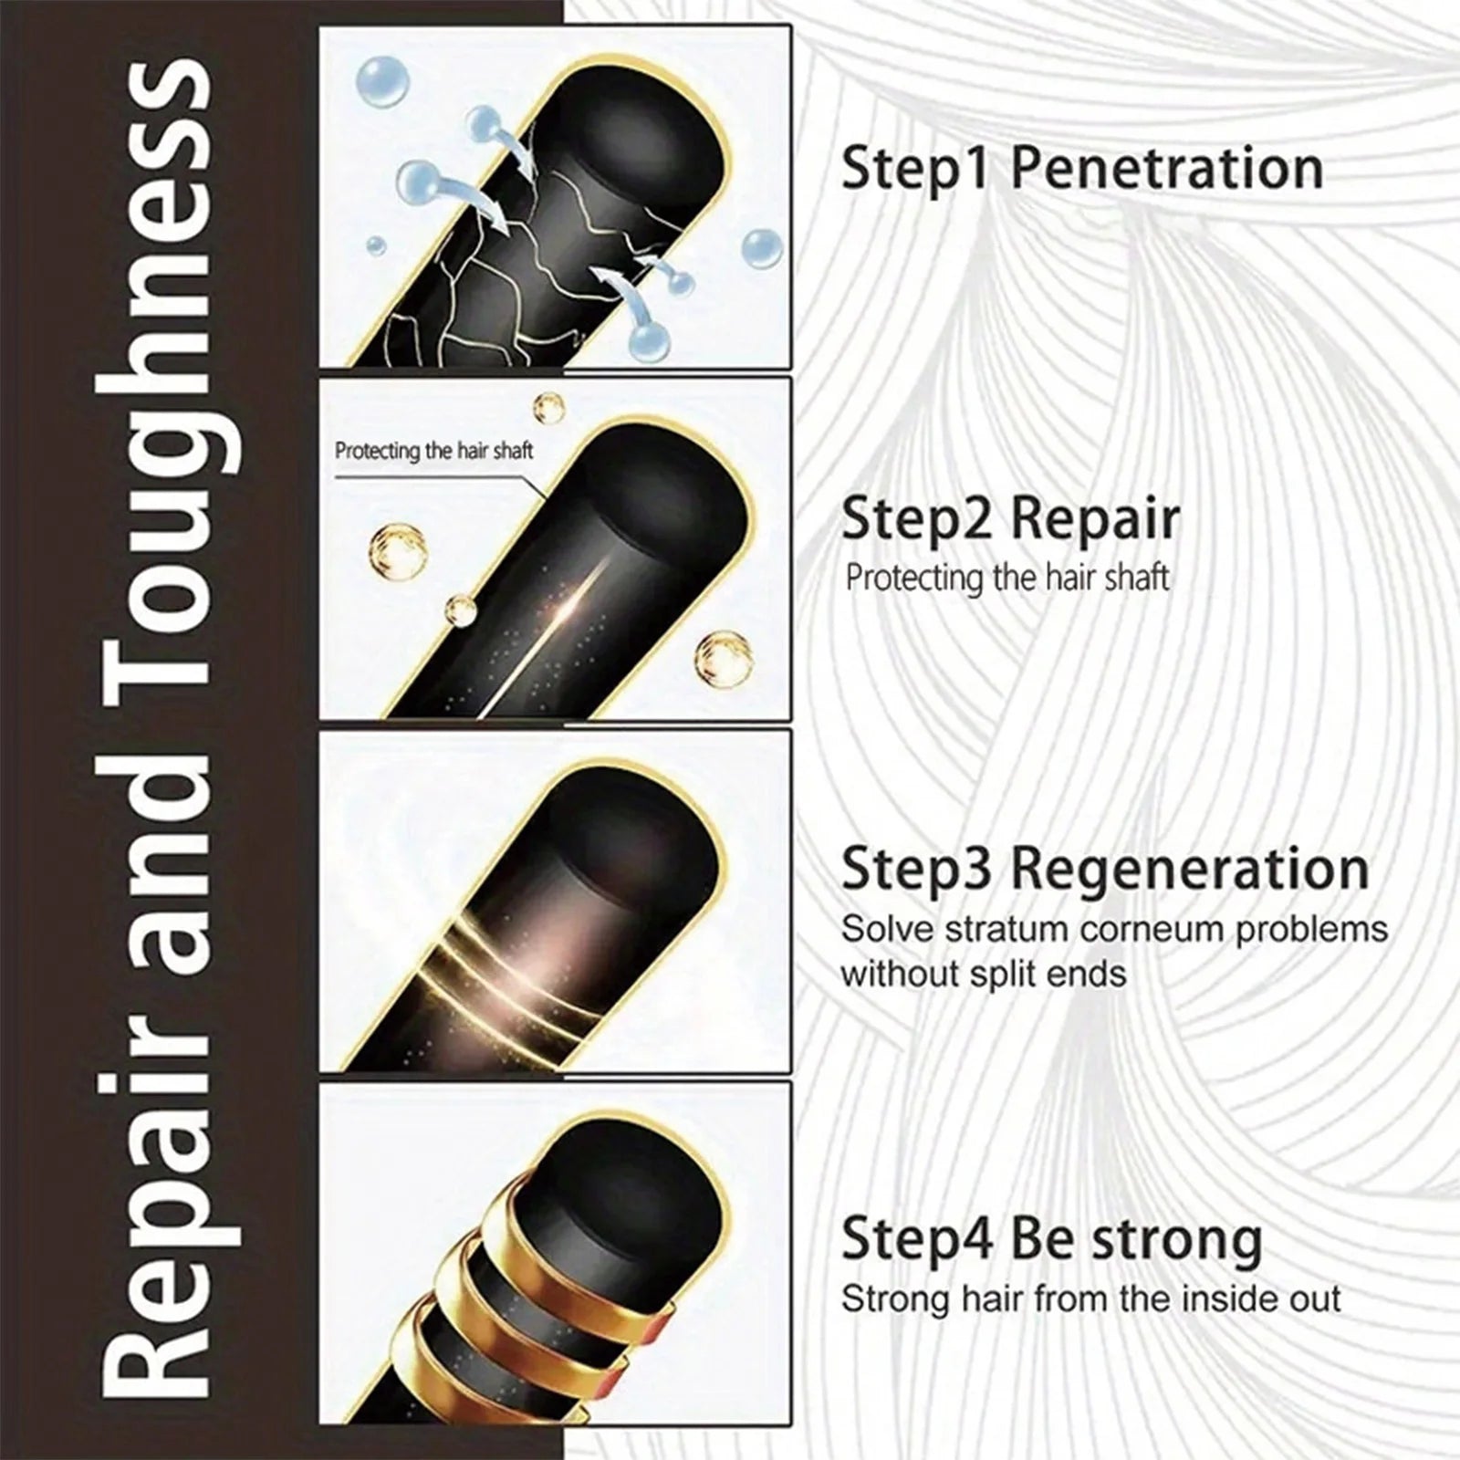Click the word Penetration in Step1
(1167, 169)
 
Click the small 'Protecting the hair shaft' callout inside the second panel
(433, 451)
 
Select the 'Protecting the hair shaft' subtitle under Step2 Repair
(1007, 579)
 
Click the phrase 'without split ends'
(984, 975)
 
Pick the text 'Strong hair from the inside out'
(1091, 1299)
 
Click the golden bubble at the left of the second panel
(399, 549)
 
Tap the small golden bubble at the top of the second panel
(549, 406)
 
